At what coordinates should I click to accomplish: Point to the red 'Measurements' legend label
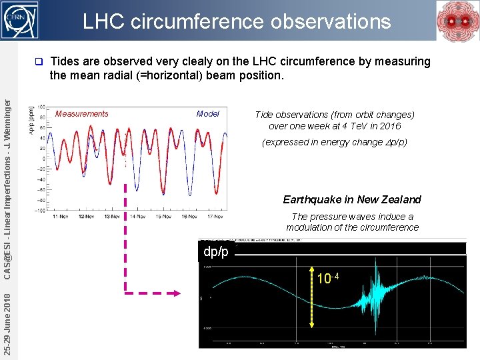pyautogui.click(x=81, y=114)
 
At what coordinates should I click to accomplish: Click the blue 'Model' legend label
pyautogui.click(x=208, y=114)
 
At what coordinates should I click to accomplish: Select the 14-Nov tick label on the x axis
pyautogui.click(x=138, y=217)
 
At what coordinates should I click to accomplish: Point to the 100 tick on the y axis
pyautogui.click(x=41, y=107)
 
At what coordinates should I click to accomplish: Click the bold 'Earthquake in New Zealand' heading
pyautogui.click(x=352, y=199)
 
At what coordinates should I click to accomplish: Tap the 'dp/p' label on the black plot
pyautogui.click(x=216, y=251)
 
